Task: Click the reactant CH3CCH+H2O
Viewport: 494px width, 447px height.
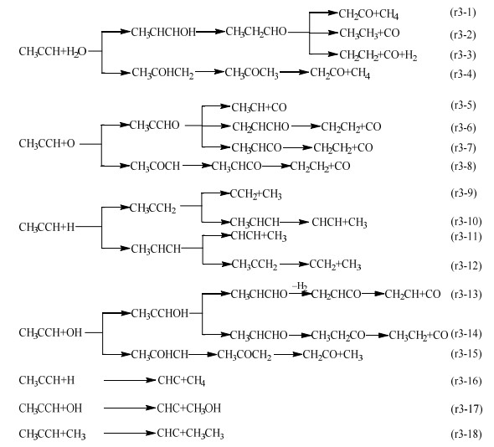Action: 53,51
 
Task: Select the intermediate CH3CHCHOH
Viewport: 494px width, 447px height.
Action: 163,32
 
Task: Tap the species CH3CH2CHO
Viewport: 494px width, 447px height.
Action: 256,32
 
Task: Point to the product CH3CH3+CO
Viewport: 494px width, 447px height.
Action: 369,33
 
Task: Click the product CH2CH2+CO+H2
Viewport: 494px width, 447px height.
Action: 378,55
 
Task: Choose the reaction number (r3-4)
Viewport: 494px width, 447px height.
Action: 463,74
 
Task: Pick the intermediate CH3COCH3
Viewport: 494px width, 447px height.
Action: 252,73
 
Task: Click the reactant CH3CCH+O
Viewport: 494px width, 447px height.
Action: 47,144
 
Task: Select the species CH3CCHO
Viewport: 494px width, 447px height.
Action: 154,126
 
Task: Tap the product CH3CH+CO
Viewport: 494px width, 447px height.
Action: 259,108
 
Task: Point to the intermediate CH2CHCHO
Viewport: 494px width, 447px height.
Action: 260,127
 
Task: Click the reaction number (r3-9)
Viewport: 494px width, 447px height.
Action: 463,193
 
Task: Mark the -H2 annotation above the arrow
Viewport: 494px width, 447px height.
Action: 300,286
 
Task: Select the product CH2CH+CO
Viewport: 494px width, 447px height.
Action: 413,294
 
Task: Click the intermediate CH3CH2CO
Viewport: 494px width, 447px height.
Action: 338,335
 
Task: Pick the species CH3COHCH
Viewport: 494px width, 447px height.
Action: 159,355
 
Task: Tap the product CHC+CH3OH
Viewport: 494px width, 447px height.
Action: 189,408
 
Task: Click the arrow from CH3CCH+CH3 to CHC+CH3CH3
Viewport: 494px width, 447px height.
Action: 130,433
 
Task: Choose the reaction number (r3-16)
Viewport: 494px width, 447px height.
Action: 466,381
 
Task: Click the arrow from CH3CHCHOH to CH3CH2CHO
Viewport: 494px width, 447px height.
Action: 210,32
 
